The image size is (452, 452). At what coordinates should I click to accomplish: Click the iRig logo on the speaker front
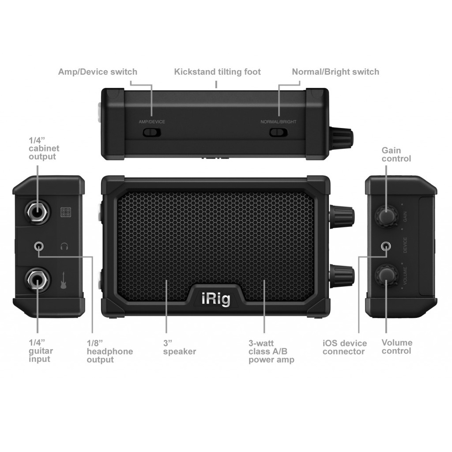[216, 299]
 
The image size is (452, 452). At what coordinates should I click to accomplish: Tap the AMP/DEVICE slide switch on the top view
[152, 132]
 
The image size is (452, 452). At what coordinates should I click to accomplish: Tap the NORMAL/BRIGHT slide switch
[278, 132]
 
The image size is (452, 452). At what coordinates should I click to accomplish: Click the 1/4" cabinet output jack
[37, 213]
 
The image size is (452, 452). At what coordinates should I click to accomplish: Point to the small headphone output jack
[39, 246]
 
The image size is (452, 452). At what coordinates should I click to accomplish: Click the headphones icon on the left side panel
[64, 246]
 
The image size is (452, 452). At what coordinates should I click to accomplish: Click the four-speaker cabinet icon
[66, 212]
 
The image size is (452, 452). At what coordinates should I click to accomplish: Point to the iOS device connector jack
[386, 246]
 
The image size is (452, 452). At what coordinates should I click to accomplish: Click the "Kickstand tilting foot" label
[217, 72]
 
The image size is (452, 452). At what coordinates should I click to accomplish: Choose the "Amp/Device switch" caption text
[98, 72]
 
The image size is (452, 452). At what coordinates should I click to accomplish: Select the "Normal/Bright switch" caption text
[335, 72]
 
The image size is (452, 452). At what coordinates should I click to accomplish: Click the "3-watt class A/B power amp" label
[271, 351]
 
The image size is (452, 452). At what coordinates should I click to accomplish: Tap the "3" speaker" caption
[180, 347]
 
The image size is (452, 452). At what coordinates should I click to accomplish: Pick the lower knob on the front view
[342, 276]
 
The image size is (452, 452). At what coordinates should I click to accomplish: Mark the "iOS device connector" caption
[345, 347]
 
